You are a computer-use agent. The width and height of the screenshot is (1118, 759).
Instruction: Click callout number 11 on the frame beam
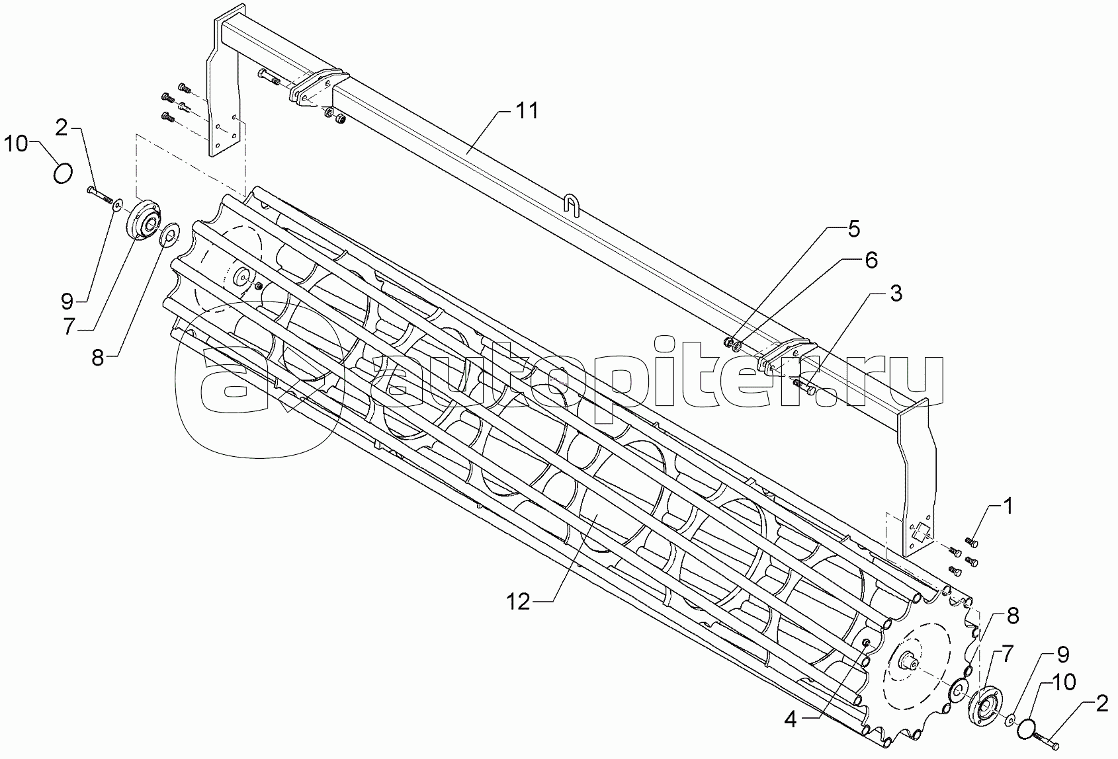point(527,110)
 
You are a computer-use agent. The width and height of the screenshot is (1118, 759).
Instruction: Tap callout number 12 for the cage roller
point(519,602)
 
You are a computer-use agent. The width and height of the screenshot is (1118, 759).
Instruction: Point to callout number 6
point(871,260)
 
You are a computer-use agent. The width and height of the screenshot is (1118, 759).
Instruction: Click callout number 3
point(896,294)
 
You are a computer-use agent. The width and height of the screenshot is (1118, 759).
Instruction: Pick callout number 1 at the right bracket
point(1008,506)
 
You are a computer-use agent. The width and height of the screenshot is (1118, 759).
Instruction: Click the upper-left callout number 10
point(17,144)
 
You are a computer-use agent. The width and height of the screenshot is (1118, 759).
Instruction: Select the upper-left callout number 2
point(61,128)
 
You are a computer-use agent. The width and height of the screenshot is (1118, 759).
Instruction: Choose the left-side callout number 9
point(67,301)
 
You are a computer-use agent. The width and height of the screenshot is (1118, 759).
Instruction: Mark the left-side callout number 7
point(68,328)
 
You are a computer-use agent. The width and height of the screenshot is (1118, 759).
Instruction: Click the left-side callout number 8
point(98,358)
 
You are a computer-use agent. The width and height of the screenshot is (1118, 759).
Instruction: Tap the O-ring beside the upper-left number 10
point(63,174)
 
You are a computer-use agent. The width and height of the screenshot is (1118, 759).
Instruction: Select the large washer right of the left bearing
point(170,235)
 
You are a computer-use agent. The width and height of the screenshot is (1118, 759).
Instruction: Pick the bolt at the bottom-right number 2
point(1044,740)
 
